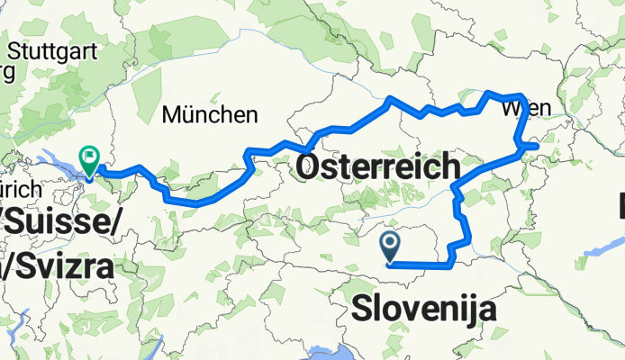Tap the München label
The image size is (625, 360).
click(x=209, y=115)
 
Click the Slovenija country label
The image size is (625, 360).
click(x=423, y=309)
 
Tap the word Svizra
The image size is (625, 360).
click(x=65, y=266)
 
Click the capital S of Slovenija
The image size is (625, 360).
click(x=360, y=309)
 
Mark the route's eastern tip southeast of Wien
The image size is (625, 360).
click(x=537, y=145)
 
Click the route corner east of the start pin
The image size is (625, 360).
click(x=448, y=265)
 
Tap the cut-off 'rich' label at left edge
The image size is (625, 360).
click(x=20, y=190)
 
